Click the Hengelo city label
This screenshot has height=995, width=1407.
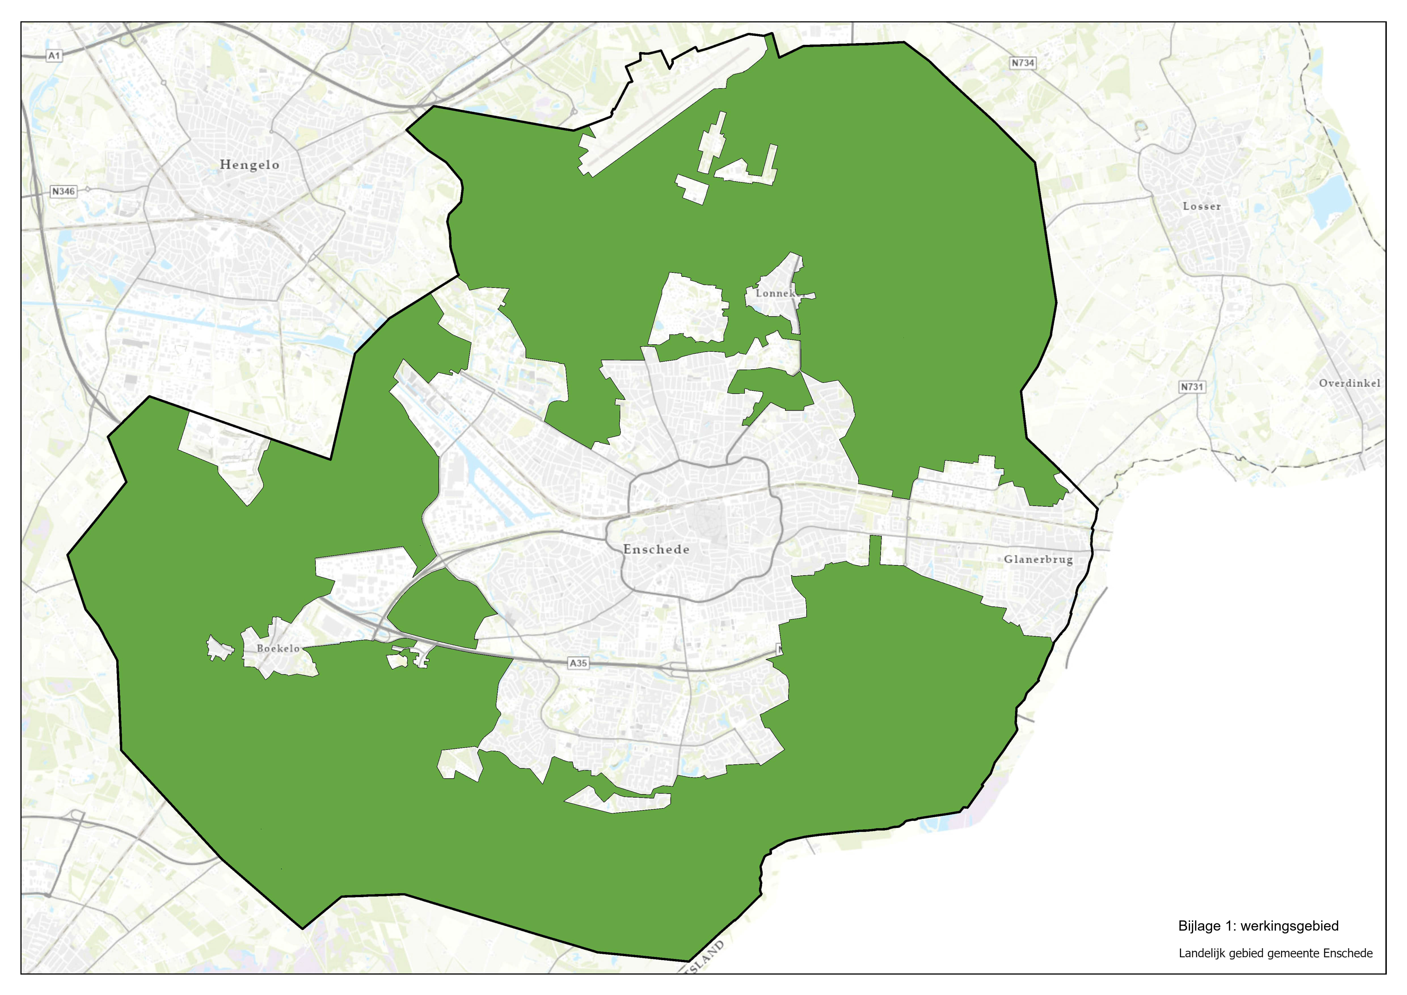click(x=249, y=165)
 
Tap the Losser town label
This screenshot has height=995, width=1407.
click(x=1201, y=206)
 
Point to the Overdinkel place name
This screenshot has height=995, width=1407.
click(x=1349, y=383)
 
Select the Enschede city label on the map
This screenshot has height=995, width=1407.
click(x=656, y=550)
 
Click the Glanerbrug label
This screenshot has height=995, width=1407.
click(x=1038, y=559)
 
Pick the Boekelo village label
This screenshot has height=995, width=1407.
click(x=278, y=648)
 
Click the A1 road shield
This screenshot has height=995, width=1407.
click(x=54, y=56)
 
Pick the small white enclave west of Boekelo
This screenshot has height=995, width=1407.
click(x=219, y=648)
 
